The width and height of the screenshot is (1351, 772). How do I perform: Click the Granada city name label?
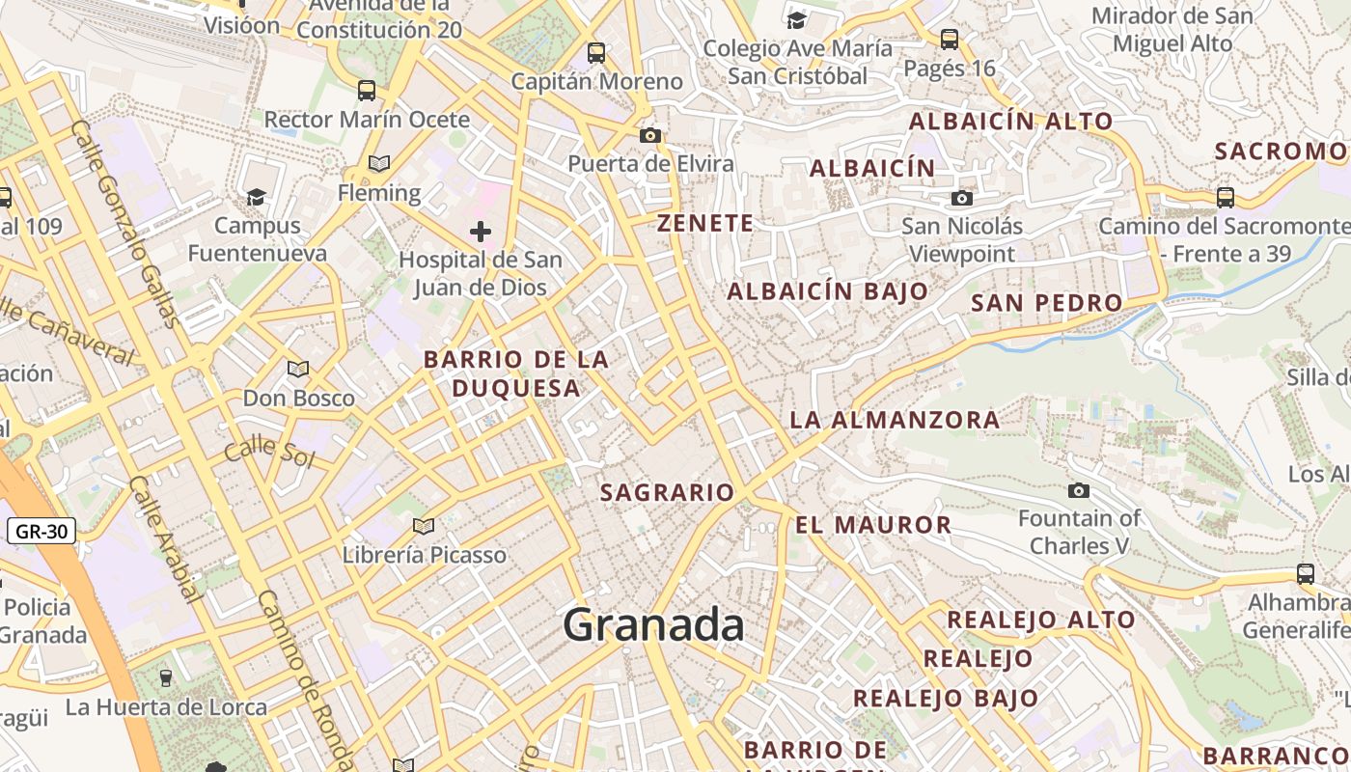pos(653,625)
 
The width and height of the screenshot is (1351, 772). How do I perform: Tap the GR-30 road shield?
pos(41,531)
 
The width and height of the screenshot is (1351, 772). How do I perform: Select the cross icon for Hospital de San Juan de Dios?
pos(480,232)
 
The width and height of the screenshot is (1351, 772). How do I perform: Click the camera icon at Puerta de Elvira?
pos(650,135)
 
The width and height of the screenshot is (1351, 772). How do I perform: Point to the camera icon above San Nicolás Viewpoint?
pos(961,198)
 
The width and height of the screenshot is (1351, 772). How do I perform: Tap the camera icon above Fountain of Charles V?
pos(1079,490)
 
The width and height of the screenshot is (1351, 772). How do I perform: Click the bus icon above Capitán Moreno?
pos(596,53)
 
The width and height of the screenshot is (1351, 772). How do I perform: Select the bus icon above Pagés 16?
pos(950,40)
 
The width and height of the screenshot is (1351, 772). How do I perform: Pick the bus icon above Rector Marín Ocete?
pos(367,91)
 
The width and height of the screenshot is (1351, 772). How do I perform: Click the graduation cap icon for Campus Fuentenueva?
pos(256,197)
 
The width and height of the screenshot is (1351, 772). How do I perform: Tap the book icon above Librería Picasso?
pos(423,526)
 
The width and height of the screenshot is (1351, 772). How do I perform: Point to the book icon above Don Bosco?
pos(298,369)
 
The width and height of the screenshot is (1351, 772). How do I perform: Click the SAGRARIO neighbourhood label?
pos(667,492)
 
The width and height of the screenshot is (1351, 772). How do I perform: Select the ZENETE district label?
pos(704,224)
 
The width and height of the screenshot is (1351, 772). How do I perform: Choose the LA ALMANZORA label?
pos(895,420)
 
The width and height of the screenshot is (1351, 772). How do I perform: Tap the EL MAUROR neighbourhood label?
pos(873,525)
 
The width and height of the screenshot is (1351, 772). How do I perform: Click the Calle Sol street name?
pos(269,451)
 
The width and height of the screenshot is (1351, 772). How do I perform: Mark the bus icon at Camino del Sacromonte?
pos(1225,197)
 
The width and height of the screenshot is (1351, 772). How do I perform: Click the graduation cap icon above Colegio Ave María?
pos(796,20)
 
